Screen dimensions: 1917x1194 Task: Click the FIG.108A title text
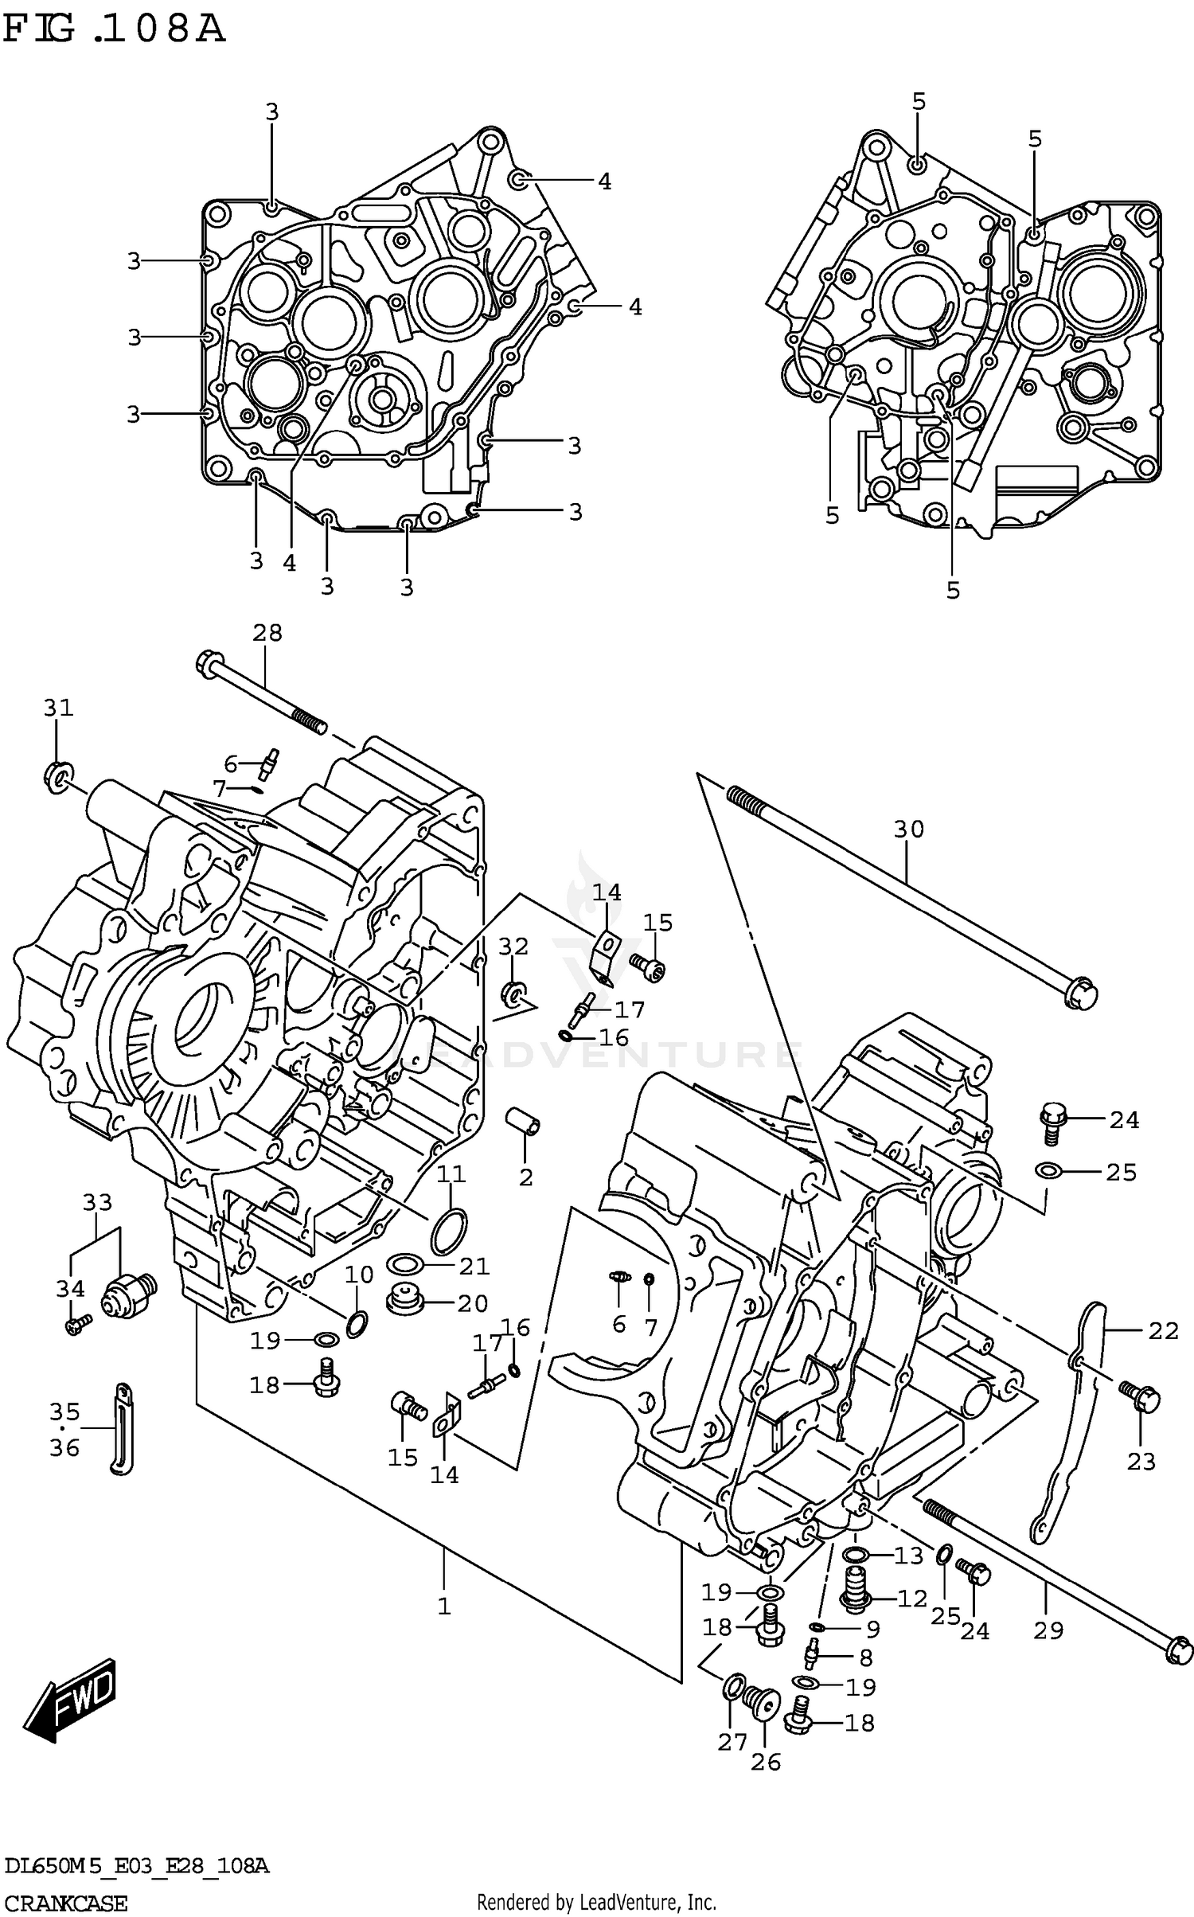(x=114, y=29)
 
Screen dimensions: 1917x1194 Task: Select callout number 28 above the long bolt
(x=267, y=633)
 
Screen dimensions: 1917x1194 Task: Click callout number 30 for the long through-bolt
(x=908, y=830)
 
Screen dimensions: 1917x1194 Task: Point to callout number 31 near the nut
(x=58, y=707)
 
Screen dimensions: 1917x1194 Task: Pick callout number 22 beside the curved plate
(x=1163, y=1329)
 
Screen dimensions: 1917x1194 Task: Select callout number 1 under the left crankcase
(x=444, y=1606)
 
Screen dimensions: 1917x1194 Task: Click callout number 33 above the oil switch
(x=97, y=1202)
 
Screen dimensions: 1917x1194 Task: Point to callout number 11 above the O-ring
(x=451, y=1173)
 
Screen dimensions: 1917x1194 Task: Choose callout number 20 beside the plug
(x=472, y=1303)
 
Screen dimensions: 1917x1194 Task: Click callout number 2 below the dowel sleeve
(x=525, y=1177)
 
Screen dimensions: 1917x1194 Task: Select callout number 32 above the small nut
(x=513, y=947)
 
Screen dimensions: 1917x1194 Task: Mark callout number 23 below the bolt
(x=1141, y=1461)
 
